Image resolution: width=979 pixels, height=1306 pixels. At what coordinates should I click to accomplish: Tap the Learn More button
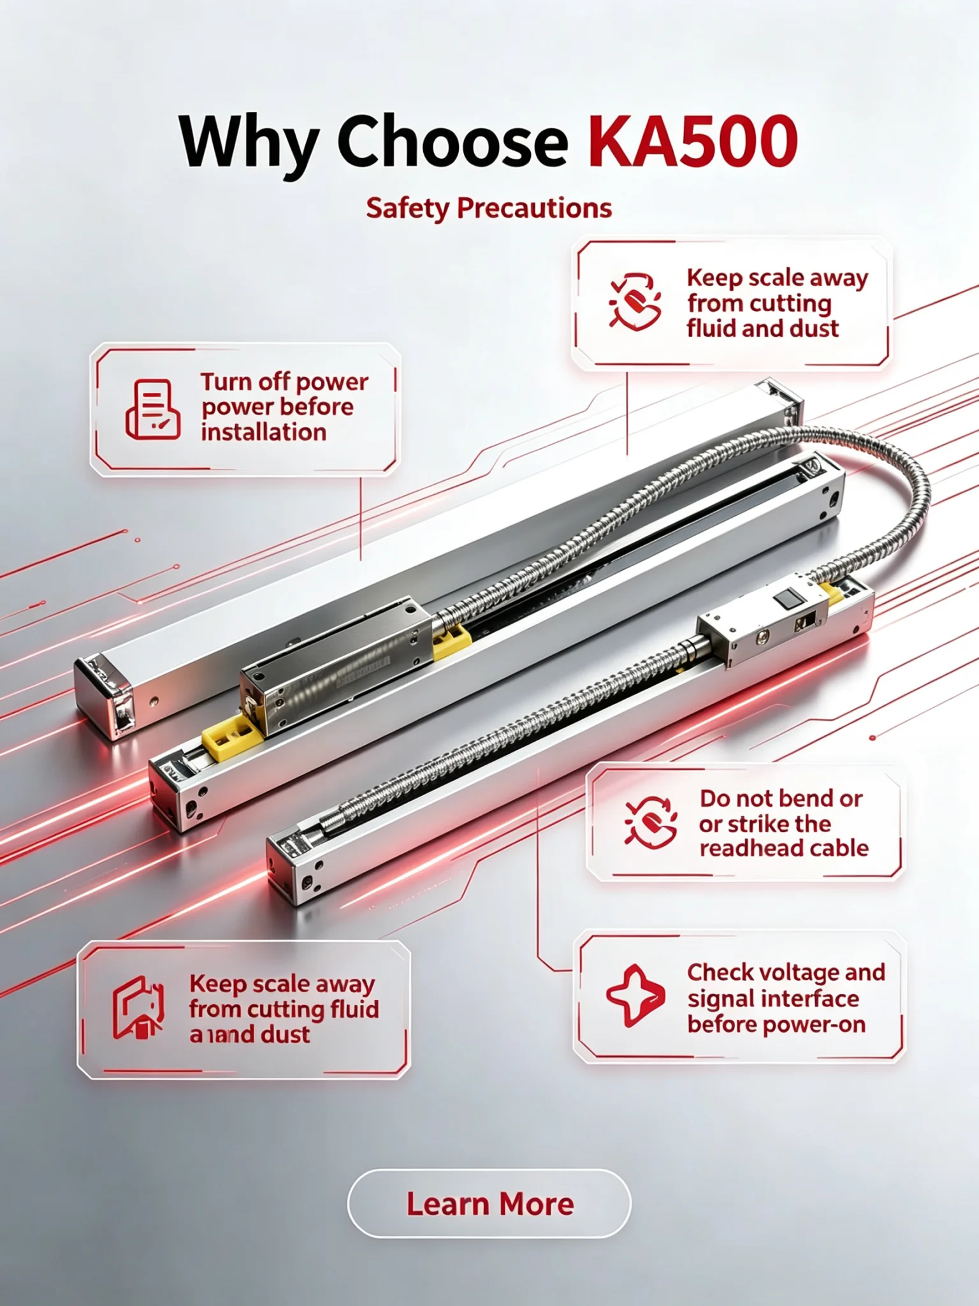pos(489,1204)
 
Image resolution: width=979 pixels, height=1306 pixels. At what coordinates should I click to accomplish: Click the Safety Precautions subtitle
pos(489,209)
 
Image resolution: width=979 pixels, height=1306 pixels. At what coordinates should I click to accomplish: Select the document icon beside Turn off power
pos(153,409)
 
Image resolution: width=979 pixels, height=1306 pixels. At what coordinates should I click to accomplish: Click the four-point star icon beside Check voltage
pos(635,996)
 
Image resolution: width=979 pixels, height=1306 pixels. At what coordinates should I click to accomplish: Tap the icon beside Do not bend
pos(651,822)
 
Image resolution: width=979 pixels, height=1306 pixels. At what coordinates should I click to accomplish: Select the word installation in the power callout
pos(264,432)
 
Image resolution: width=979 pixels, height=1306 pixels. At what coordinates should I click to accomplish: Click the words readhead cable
pos(784,848)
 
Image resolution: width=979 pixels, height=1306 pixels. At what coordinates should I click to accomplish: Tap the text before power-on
pos(776,1025)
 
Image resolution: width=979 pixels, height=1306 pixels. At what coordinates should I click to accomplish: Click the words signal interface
pos(773,999)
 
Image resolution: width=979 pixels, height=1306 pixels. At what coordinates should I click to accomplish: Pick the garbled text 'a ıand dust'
pos(249,1034)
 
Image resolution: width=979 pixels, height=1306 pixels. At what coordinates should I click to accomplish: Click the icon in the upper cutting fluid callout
pos(635,302)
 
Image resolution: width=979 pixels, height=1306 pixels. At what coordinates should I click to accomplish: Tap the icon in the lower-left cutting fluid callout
pos(138,1008)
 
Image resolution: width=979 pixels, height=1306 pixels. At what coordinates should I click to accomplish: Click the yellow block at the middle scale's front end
pos(231,738)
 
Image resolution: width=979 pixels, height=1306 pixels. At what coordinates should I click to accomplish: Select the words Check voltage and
pos(786,972)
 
